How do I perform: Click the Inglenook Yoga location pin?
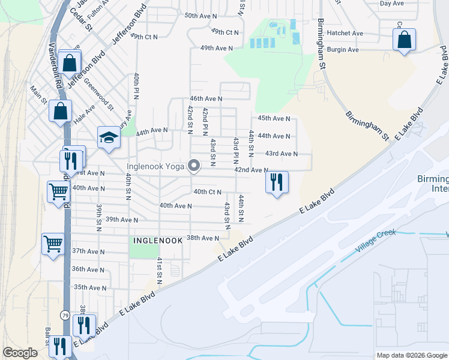pyautogui.click(x=194, y=165)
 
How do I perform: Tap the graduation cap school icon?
pyautogui.click(x=109, y=139)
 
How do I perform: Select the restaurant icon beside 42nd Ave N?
pyautogui.click(x=277, y=182)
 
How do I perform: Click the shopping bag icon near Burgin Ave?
pyautogui.click(x=404, y=40)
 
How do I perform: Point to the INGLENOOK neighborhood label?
pyautogui.click(x=157, y=240)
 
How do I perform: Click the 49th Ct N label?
pyautogui.click(x=225, y=32)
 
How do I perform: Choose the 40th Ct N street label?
pyautogui.click(x=207, y=192)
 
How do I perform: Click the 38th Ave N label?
pyautogui.click(x=203, y=238)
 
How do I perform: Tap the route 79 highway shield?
pyautogui.click(x=64, y=314)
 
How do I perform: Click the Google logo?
pyautogui.click(x=20, y=353)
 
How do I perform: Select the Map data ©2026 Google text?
pyautogui.click(x=411, y=355)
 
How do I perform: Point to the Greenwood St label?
pyautogui.click(x=98, y=95)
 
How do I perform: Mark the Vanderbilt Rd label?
pyautogui.click(x=56, y=66)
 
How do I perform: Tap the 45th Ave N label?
pyautogui.click(x=274, y=119)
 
